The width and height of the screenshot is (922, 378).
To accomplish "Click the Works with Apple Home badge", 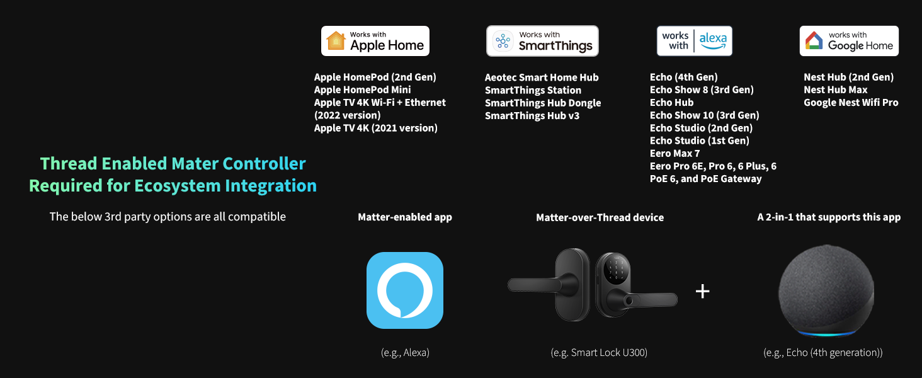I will tap(375, 41).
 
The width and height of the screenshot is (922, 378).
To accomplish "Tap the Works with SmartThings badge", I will tap(542, 41).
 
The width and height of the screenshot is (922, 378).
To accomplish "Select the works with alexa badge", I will tap(694, 41).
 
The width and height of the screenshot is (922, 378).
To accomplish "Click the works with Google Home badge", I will tap(849, 41).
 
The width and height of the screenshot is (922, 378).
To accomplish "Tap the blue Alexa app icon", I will tap(405, 290).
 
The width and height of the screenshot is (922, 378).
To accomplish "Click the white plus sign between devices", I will tap(702, 291).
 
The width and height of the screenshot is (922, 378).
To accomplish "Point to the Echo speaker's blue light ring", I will tap(826, 332).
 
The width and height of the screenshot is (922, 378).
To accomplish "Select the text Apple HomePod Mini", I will tap(362, 89).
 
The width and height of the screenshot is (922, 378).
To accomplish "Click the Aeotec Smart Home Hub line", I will tap(542, 77).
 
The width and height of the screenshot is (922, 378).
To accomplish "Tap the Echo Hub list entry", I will tap(671, 103).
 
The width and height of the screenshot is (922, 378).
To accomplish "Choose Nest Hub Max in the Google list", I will tap(835, 89).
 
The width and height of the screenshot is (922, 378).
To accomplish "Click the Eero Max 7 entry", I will tap(674, 153).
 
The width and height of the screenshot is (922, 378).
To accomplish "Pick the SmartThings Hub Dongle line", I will tap(543, 103).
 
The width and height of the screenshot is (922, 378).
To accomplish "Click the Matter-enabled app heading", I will tap(405, 217).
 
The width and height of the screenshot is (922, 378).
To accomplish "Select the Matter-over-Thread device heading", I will tap(600, 217).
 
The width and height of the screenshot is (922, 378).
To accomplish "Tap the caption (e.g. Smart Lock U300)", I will tap(599, 353).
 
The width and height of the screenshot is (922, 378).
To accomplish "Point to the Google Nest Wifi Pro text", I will tap(851, 102).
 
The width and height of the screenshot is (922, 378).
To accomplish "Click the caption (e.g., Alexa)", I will tap(405, 353).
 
